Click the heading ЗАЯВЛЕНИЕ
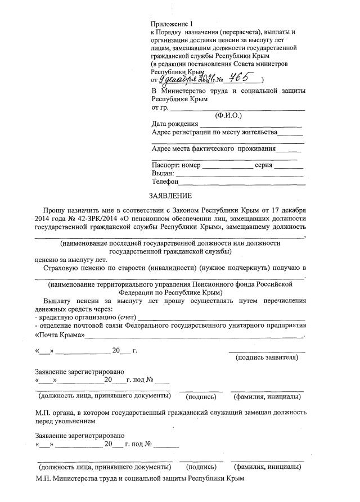(170, 196)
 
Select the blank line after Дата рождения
(251, 124)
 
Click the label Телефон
(165, 182)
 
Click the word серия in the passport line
(264, 165)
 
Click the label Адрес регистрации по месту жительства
(215, 133)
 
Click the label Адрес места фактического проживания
(214, 149)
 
